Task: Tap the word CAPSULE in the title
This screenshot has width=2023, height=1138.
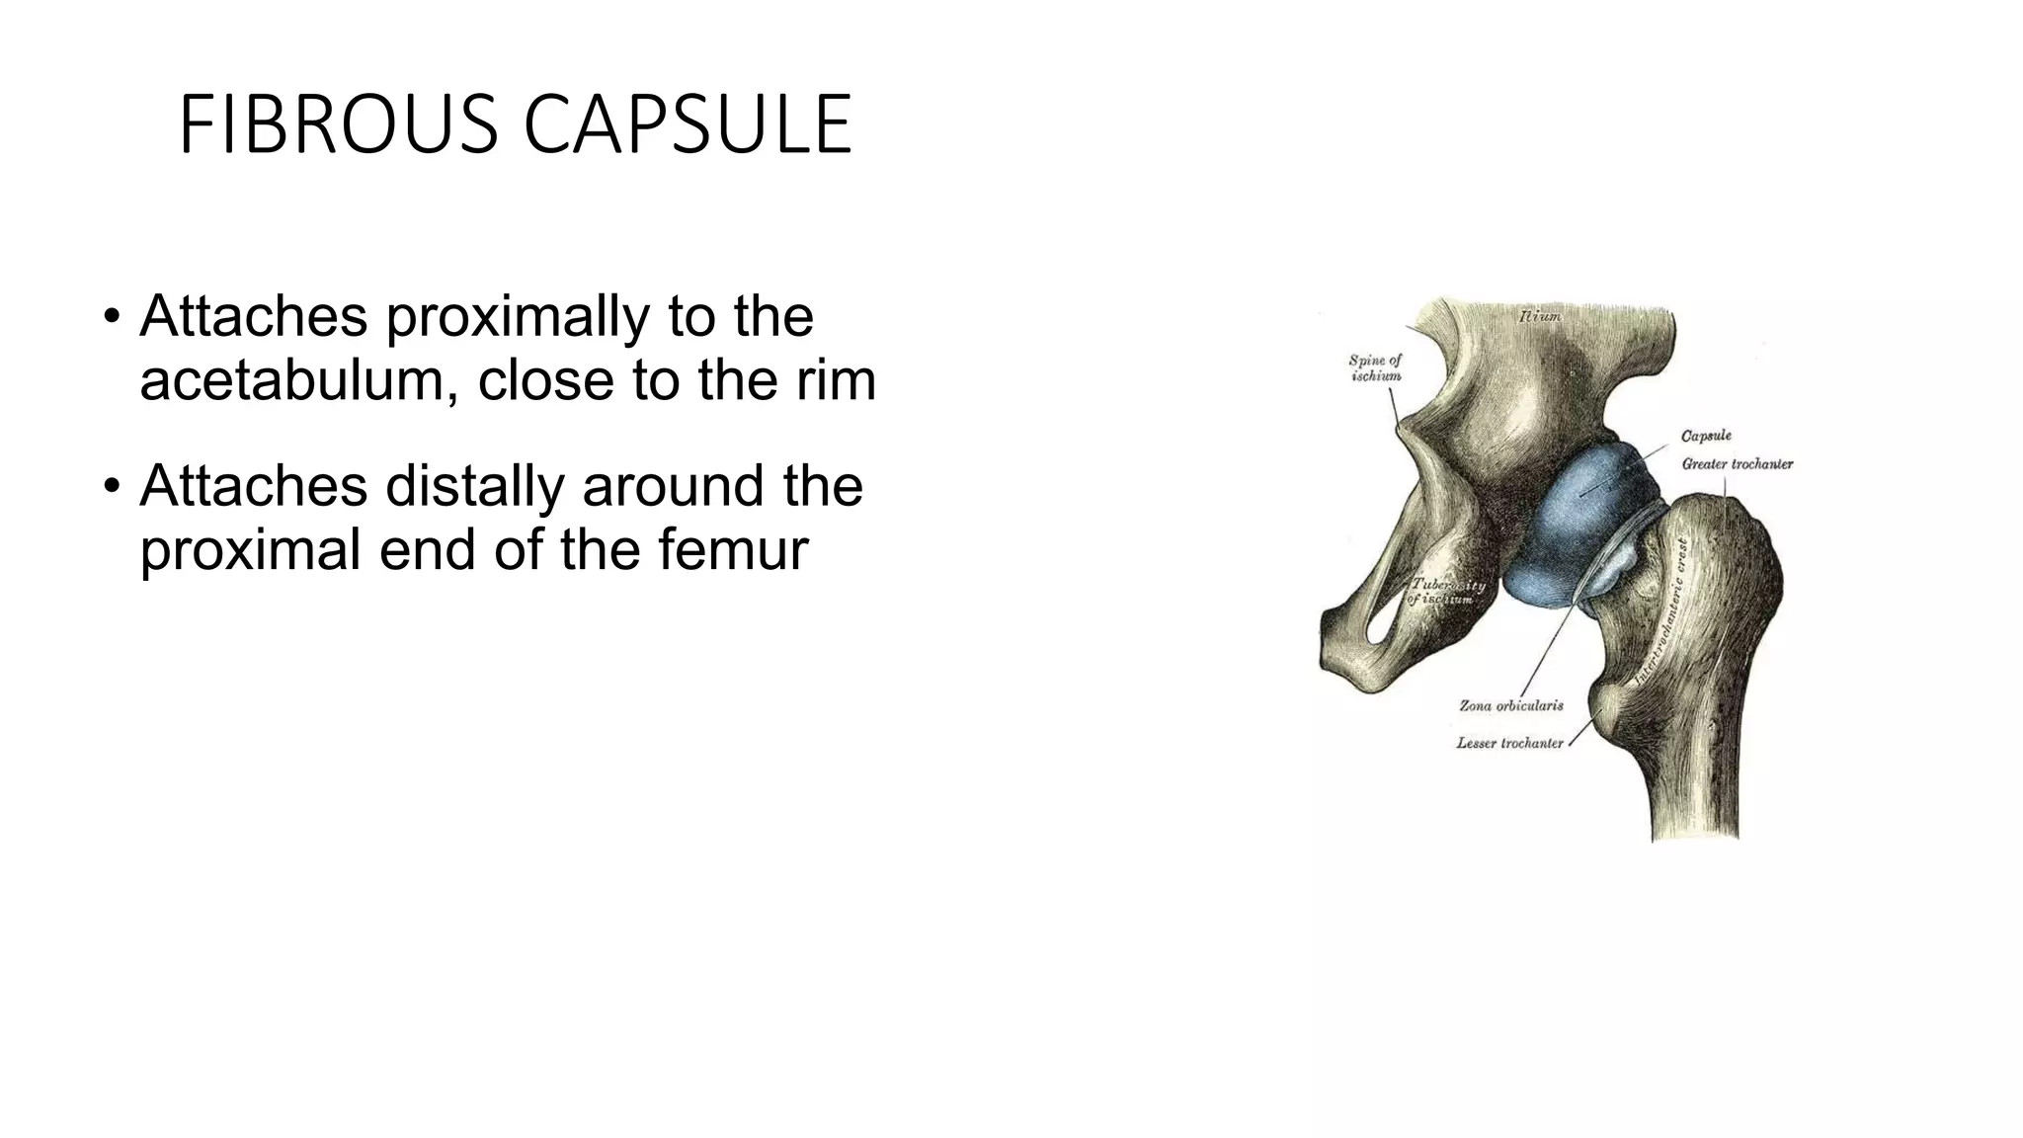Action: click(x=688, y=125)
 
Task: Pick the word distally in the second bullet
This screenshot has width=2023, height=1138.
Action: click(x=475, y=486)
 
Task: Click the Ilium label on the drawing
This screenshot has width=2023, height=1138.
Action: click(x=1540, y=317)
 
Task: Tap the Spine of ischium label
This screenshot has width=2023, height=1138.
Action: click(x=1375, y=367)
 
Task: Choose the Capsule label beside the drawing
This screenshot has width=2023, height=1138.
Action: click(x=1706, y=436)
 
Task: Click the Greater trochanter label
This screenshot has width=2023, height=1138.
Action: click(x=1738, y=463)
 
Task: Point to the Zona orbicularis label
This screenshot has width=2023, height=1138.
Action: click(x=1511, y=705)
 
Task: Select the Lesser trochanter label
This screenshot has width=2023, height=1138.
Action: click(x=1509, y=743)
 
